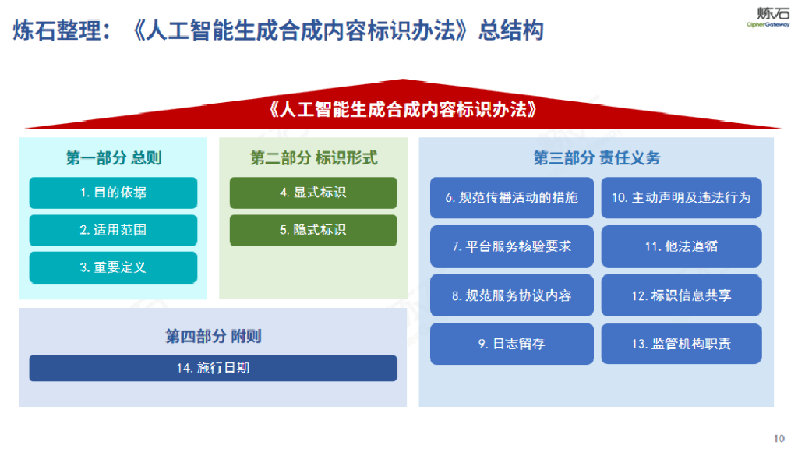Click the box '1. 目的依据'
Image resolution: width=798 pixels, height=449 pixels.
[113, 193]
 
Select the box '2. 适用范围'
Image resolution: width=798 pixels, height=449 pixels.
[113, 230]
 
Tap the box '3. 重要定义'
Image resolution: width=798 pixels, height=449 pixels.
[113, 267]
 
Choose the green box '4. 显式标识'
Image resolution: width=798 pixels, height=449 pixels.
[312, 193]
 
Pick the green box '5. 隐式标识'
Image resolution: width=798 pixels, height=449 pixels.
[312, 230]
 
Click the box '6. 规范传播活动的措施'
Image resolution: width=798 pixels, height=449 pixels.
[511, 198]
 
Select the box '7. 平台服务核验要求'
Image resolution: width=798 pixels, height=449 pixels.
[511, 246]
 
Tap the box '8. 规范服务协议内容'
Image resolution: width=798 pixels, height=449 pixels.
[511, 295]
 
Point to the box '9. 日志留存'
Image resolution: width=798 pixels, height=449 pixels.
[511, 344]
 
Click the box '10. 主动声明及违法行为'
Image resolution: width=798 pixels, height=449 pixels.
[681, 198]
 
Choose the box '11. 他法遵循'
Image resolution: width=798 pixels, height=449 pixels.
[681, 246]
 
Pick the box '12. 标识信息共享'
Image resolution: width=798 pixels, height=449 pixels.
[681, 295]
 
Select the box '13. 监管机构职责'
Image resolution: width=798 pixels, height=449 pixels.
[681, 344]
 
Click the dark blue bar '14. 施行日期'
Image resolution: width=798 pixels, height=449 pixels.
[213, 368]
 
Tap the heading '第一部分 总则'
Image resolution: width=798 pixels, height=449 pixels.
[113, 158]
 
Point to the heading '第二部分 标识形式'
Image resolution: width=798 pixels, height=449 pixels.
[313, 158]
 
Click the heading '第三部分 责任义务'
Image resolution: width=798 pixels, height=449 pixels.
[596, 158]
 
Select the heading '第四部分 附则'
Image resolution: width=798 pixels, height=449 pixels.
[213, 337]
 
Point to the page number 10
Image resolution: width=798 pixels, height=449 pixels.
[779, 437]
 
